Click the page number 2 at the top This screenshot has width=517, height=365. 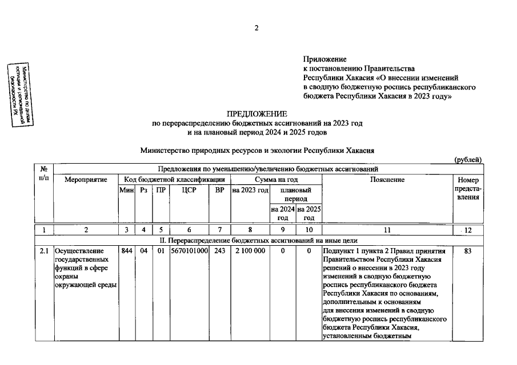pyautogui.click(x=257, y=29)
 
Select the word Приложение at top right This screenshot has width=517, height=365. pyautogui.click(x=324, y=59)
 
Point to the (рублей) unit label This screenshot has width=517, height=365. pyautogui.click(x=468, y=160)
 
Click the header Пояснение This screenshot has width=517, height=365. pyautogui.click(x=386, y=180)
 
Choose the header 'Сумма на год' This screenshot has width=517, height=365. pyautogui.click(x=276, y=180)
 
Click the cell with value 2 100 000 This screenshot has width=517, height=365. pyautogui.click(x=250, y=251)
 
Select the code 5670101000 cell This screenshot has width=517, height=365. pyautogui.click(x=189, y=251)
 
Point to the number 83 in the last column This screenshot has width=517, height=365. pyautogui.click(x=468, y=251)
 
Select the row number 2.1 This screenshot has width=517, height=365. pyautogui.click(x=44, y=251)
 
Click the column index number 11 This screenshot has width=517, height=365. pyautogui.click(x=386, y=230)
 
